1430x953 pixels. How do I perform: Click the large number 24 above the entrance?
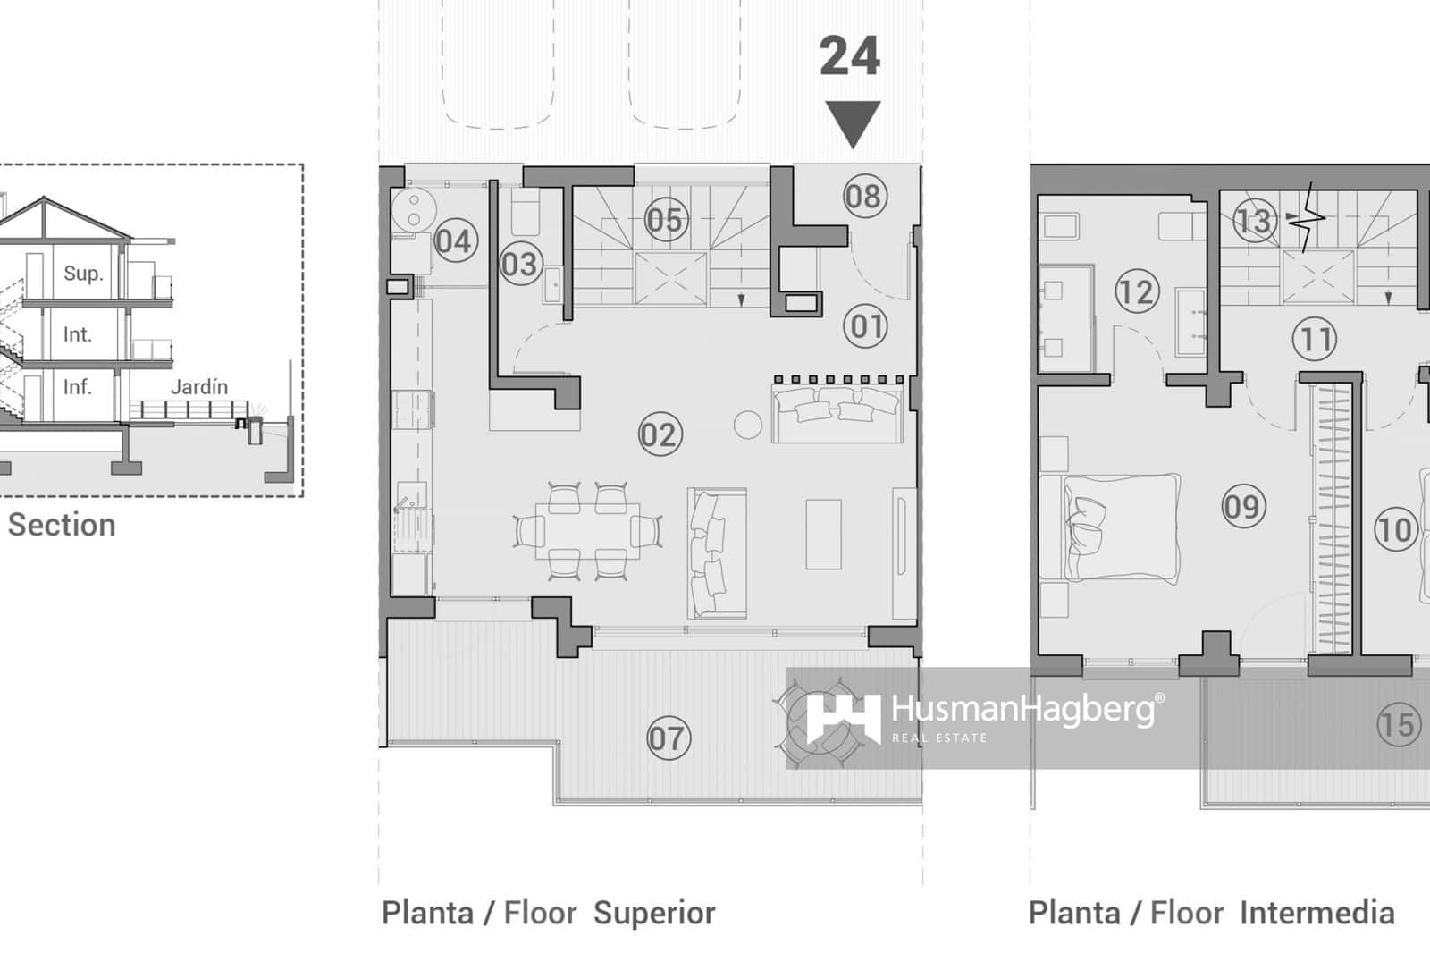849,56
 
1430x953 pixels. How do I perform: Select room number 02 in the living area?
660,435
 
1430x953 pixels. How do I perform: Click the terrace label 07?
669,738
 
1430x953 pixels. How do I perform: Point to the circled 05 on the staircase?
665,220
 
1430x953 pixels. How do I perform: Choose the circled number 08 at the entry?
864,197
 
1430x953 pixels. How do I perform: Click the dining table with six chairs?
587,530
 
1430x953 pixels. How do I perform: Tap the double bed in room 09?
1121,528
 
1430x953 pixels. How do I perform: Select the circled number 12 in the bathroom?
1137,291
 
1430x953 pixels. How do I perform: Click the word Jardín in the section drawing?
198,387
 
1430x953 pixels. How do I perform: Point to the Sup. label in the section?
83,274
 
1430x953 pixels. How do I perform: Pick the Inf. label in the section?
77,387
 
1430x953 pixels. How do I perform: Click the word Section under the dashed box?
62,525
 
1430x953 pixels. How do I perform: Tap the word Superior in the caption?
654,913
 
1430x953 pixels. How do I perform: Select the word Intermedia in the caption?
1317,913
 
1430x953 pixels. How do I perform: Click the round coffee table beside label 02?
747,425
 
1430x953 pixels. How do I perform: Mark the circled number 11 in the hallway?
1314,340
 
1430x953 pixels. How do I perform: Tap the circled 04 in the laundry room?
455,241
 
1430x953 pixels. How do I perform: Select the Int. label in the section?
77,334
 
